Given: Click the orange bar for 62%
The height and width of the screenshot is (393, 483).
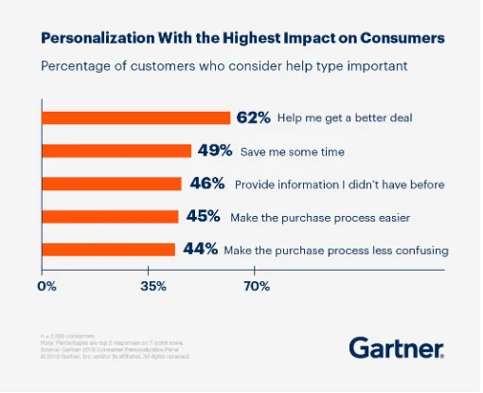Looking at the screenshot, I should pos(135,117).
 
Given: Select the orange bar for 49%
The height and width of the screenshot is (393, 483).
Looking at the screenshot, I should pos(116,151).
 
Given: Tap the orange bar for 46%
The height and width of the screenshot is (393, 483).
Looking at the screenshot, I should pos(112,184).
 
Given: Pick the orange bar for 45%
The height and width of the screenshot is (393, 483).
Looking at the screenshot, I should pos(110,217).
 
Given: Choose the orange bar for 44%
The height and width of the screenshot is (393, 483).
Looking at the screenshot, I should pos(109,250).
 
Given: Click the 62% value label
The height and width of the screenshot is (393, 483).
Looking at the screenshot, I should pos(254,117).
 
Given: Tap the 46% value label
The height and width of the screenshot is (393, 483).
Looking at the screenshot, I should pos(205,184).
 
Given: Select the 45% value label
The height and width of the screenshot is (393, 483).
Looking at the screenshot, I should pos(202,217).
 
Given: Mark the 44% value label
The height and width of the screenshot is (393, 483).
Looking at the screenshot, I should pos(199,250).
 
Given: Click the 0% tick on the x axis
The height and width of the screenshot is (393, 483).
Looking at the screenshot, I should pos(47,285).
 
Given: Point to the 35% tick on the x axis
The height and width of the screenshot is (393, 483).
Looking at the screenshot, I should pos(152,285).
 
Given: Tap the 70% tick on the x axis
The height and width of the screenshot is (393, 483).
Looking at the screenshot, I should pos(258,285).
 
